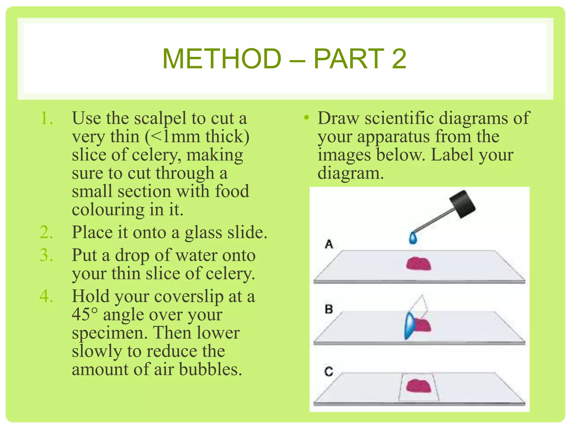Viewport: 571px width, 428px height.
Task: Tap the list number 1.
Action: coord(46,118)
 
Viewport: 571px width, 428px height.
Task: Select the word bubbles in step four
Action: coord(211,369)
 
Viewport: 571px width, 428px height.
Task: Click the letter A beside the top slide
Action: coord(329,244)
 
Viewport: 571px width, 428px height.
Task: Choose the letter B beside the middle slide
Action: coord(329,309)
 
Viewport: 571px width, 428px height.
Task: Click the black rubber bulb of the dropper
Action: coord(462,204)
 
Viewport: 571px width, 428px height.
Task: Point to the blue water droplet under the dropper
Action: coord(413,238)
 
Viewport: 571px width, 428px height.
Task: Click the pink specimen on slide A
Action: coord(418,264)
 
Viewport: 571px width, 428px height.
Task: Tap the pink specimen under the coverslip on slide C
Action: coord(418,386)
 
